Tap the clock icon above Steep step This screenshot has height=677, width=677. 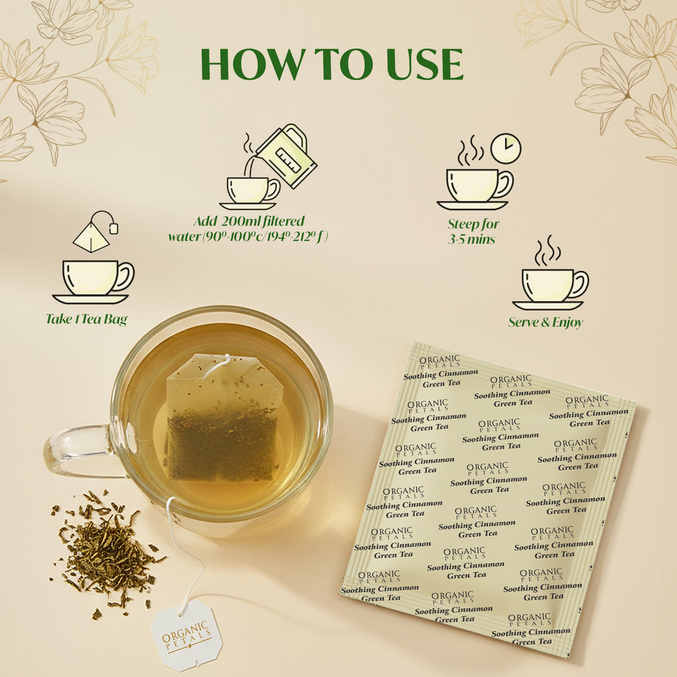pos(506,149)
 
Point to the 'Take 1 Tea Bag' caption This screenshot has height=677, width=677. pos(87,319)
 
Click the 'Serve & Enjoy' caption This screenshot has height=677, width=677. pos(545,323)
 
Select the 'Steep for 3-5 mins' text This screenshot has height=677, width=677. pos(473,231)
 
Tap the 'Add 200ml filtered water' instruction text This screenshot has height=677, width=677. pos(248,229)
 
